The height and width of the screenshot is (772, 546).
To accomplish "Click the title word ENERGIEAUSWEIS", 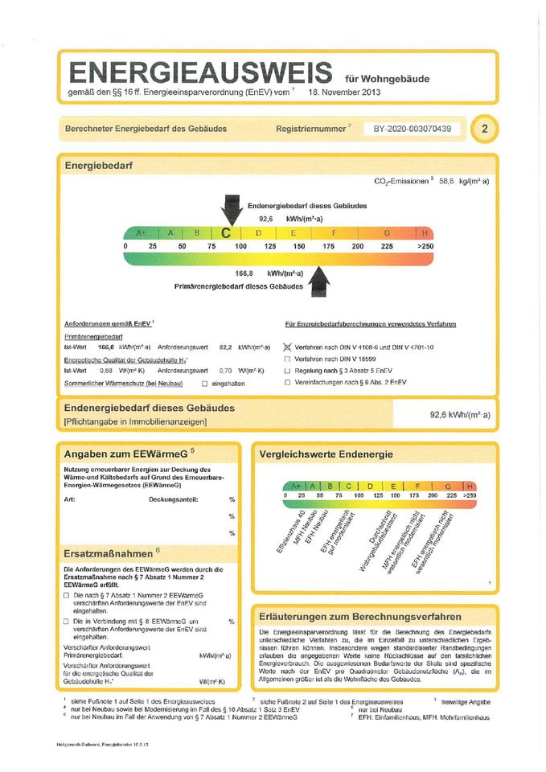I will pyautogui.click(x=200, y=72).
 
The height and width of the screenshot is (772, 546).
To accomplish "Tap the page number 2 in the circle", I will pyautogui.click(x=485, y=129).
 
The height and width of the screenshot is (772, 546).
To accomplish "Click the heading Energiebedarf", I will pyautogui.click(x=99, y=165).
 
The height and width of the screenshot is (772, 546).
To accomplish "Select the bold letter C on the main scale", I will pyautogui.click(x=227, y=233).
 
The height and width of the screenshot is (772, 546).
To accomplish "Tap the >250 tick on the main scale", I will pyautogui.click(x=425, y=246).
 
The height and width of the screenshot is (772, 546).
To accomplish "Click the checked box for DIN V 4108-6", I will pyautogui.click(x=287, y=346).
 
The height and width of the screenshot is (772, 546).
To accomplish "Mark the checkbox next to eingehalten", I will pyautogui.click(x=204, y=384).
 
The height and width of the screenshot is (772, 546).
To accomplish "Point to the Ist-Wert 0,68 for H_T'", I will pyautogui.click(x=105, y=372).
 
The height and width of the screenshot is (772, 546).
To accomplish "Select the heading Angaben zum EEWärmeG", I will pyautogui.click(x=129, y=454).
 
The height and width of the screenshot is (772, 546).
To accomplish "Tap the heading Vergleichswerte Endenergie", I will pyautogui.click(x=326, y=455).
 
